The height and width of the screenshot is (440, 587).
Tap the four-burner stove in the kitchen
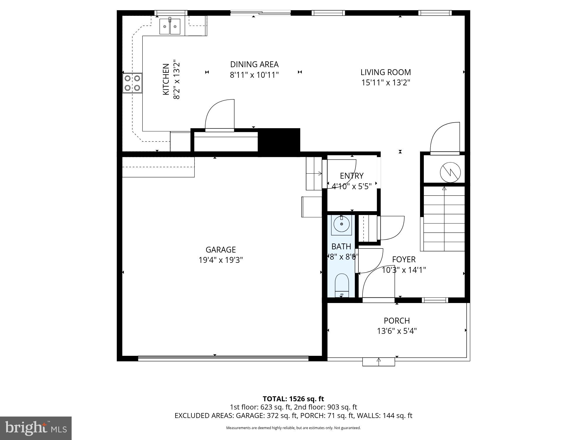click(132, 83)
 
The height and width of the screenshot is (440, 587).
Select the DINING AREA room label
click(254, 64)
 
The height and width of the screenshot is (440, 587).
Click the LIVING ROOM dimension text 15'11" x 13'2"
click(385, 82)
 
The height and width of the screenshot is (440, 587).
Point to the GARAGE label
click(220, 250)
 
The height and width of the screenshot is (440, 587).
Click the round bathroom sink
click(341, 224)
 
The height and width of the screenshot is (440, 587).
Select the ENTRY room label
click(352, 176)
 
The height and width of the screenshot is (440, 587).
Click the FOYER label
click(404, 259)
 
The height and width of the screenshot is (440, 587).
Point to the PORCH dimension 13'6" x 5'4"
click(397, 331)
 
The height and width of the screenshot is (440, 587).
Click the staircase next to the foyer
click(444, 219)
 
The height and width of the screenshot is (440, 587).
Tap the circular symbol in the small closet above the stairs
click(450, 172)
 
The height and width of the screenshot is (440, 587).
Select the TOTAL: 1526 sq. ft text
click(293, 399)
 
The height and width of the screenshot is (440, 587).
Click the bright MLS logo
click(36, 428)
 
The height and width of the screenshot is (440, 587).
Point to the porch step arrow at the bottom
click(379, 362)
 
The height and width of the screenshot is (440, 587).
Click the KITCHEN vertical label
click(166, 79)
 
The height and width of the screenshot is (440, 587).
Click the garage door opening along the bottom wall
click(223, 358)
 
